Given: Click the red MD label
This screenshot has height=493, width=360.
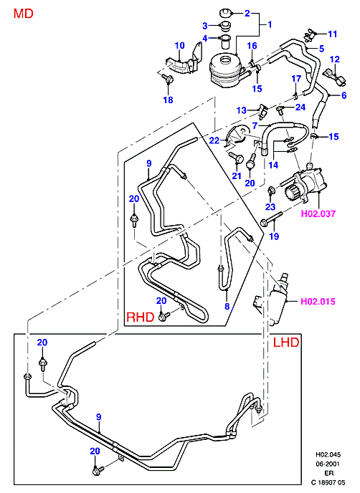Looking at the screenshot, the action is click(x=23, y=14).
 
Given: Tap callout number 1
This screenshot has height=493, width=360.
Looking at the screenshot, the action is click(x=270, y=24).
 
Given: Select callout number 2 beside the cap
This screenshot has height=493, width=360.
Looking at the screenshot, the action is click(x=247, y=13).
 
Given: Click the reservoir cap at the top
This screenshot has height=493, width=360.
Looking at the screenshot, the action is click(x=224, y=14).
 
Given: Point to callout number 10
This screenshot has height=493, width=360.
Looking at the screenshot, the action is click(x=180, y=45).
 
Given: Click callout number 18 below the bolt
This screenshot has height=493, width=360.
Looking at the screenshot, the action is click(x=168, y=100).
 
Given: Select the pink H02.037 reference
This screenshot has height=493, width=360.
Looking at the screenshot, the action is click(x=318, y=214).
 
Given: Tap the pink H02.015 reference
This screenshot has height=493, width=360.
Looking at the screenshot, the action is click(x=318, y=302).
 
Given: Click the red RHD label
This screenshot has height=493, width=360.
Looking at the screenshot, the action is click(x=141, y=317).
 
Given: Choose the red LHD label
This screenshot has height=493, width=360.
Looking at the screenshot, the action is click(x=286, y=342).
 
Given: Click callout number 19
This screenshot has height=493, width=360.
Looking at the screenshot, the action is click(x=274, y=236).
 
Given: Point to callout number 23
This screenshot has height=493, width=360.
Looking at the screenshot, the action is click(x=270, y=207).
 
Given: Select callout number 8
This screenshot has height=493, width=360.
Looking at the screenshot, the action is click(x=227, y=306).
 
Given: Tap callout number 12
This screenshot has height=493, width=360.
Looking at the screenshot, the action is click(x=335, y=59).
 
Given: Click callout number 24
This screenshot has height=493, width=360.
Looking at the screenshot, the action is click(x=300, y=107).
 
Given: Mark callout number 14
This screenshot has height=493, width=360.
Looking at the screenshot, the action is click(x=273, y=165).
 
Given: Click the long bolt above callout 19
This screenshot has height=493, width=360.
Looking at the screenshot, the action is click(x=272, y=219).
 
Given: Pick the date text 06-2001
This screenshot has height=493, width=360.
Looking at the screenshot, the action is click(x=328, y=464).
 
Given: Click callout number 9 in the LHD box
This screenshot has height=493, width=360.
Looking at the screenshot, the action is click(x=99, y=417).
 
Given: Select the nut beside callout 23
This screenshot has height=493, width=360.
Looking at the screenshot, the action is click(x=270, y=190).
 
